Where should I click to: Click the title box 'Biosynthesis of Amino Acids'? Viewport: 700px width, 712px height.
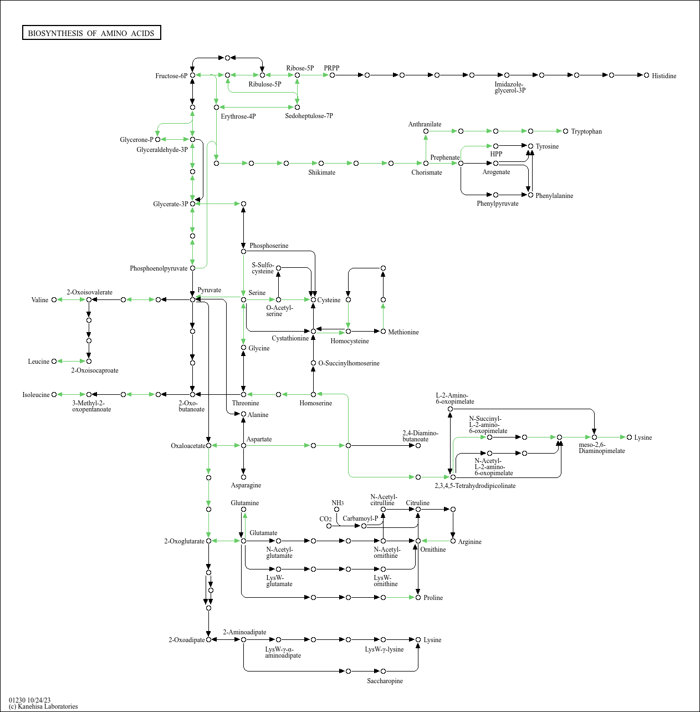(91, 33)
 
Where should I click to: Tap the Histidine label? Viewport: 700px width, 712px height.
(663, 76)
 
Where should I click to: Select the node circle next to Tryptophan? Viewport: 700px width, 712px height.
(565, 131)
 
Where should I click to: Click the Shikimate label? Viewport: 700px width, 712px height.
(321, 172)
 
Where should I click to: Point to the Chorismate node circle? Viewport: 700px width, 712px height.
(426, 163)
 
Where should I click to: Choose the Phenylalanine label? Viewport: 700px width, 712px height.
(554, 196)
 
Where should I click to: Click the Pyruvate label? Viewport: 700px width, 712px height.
(209, 290)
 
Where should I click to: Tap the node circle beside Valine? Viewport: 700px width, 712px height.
(54, 299)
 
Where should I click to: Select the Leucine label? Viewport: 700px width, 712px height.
(39, 362)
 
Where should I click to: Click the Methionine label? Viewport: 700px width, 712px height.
(403, 332)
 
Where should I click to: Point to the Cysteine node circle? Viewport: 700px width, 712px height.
(313, 299)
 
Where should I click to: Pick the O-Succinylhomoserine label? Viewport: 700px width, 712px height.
(349, 363)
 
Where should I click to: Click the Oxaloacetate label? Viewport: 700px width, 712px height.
(188, 446)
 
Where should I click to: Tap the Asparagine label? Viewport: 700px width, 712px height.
(246, 485)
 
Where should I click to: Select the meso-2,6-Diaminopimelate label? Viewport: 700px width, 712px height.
(601, 448)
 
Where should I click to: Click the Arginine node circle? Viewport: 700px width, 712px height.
(453, 541)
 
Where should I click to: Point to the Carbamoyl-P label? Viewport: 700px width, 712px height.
(360, 518)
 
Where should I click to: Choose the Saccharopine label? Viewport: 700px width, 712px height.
(385, 681)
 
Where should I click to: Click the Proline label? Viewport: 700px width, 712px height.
(433, 598)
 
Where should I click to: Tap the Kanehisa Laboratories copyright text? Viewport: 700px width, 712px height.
(43, 706)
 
